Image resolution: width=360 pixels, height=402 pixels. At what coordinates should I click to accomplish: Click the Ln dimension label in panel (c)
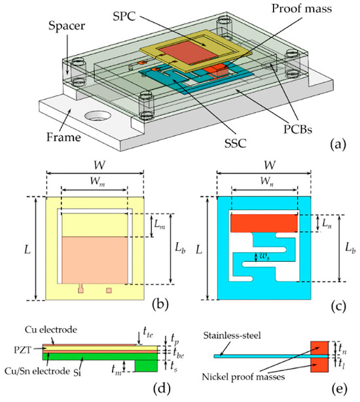click(327, 224)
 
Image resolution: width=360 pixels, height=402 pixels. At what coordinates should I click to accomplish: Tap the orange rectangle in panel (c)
click(264, 223)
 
